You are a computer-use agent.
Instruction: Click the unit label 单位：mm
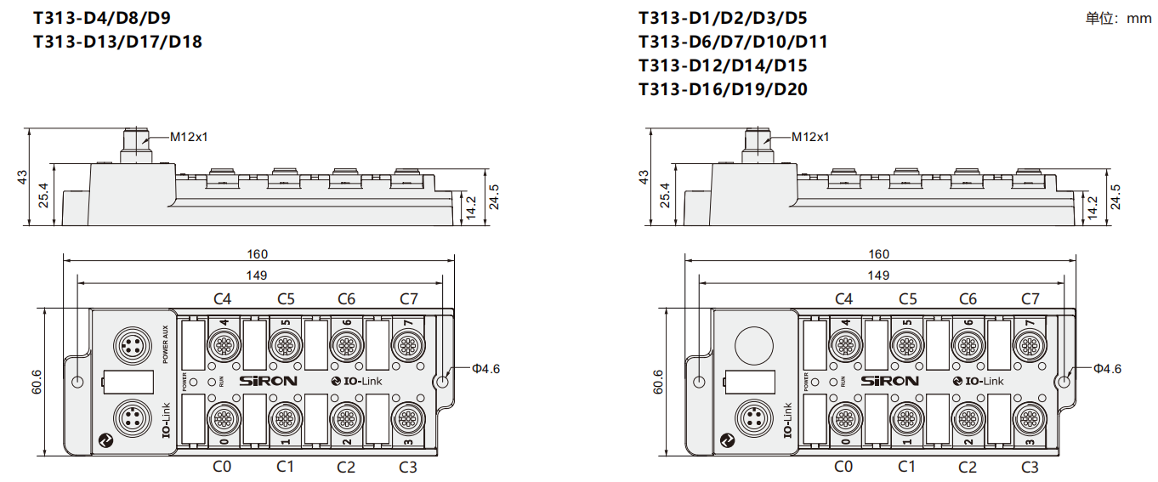pos(1117,18)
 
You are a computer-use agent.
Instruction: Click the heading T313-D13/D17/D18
pos(117,41)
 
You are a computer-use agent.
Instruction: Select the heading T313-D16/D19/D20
pos(723,89)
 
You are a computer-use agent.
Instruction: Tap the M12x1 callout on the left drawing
pos(189,136)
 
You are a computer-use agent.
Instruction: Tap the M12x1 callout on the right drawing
pos(809,136)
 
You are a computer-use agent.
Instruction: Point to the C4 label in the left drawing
pos(223,298)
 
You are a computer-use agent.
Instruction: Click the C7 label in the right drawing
pos(1030,298)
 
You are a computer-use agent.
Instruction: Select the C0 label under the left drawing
pos(222,466)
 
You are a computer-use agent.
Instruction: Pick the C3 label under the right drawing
pos(1030,466)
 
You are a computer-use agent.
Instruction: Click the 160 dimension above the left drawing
pos(257,253)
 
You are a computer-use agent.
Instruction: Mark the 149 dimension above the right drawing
pos(878,275)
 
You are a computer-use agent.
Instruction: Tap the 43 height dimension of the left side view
pos(23,177)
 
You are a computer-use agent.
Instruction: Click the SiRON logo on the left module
pos(269,381)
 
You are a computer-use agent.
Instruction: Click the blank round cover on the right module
pos(752,343)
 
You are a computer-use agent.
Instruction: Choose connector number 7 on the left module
pos(406,343)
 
